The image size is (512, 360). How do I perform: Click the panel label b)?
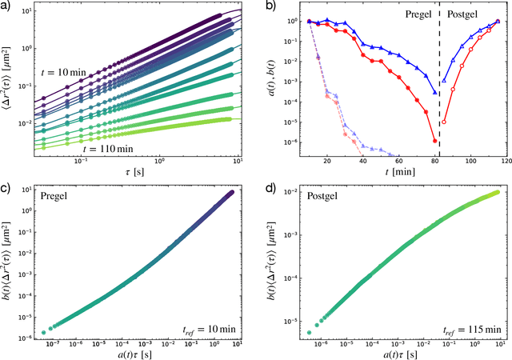[x=268, y=7]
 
